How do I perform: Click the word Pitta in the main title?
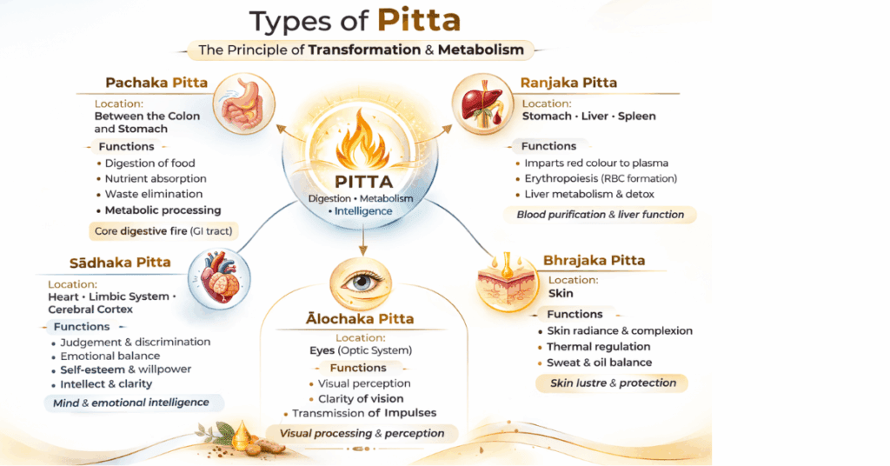[420, 21]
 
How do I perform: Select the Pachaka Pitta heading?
[156, 83]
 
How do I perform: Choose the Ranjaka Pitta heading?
[568, 83]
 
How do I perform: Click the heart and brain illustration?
[216, 276]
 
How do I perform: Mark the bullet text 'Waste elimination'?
[154, 194]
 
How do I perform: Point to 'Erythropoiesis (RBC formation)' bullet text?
[600, 178]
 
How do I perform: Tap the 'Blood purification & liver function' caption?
[601, 214]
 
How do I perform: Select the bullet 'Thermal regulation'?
[599, 347]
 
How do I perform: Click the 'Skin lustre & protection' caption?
[613, 383]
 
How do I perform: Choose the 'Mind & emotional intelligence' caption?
[132, 403]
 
